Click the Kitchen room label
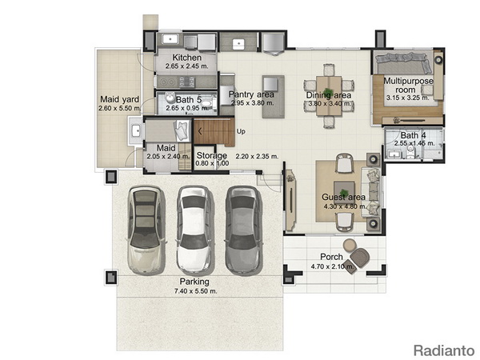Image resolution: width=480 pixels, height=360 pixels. (186, 58)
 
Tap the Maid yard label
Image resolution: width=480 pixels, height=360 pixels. (120, 99)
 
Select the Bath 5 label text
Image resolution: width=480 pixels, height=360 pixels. (189, 99)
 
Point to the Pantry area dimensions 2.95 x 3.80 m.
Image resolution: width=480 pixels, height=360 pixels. (253, 103)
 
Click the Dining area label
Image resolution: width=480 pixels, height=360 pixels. (329, 95)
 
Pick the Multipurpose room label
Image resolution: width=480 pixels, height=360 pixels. (408, 86)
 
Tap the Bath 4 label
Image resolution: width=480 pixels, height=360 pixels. (414, 135)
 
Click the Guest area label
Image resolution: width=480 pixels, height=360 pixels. (343, 197)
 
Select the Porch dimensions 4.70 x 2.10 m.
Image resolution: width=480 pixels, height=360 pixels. (333, 266)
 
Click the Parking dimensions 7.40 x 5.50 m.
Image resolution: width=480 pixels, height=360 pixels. (196, 291)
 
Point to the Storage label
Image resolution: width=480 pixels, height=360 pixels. (211, 155)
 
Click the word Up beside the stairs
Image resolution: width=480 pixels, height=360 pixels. (241, 131)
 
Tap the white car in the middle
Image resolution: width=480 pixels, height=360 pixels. (194, 230)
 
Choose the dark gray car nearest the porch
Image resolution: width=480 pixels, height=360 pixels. (244, 230)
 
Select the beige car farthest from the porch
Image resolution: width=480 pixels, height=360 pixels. (146, 230)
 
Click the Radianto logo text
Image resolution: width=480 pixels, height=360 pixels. (444, 350)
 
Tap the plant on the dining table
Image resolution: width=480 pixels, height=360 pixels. (329, 91)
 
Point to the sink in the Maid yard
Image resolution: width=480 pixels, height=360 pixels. (135, 130)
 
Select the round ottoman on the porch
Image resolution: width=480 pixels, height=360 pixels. (350, 246)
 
